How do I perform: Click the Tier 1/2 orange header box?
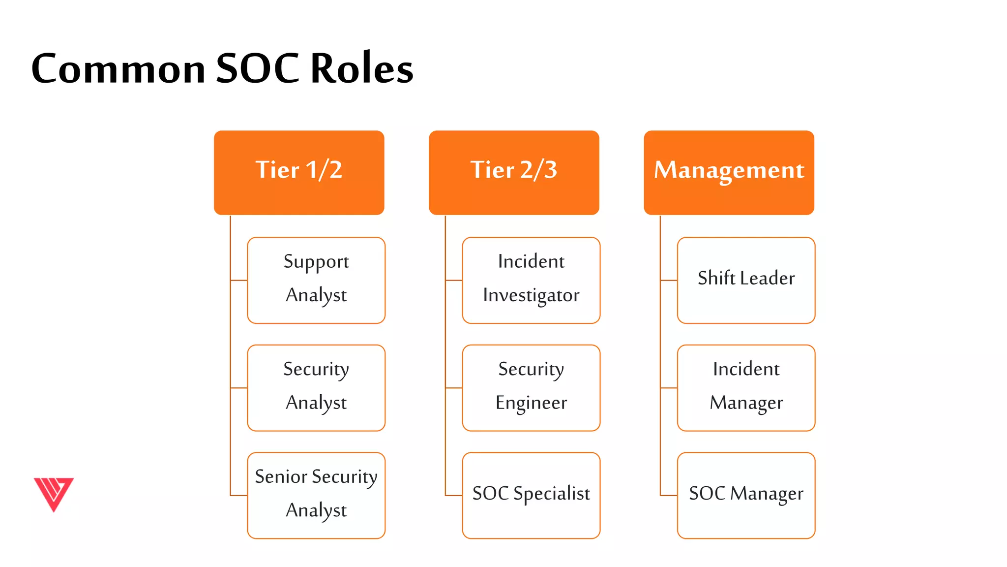[299, 172]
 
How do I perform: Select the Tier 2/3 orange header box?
[514, 172]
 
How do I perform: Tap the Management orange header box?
[729, 172]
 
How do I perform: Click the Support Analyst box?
[316, 280]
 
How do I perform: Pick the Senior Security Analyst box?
[316, 495]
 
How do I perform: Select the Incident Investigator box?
[531, 280]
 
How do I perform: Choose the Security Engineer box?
[531, 388]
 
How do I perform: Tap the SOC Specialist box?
[531, 495]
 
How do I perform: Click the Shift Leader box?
[746, 280]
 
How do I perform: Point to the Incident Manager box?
[746, 388]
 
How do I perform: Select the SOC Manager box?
[746, 495]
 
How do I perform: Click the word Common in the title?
[118, 69]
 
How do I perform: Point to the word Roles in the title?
[362, 69]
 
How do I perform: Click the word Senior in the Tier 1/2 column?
[281, 476]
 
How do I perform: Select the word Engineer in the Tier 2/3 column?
[531, 403]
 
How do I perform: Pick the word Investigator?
[531, 295]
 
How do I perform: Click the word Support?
[316, 262]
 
